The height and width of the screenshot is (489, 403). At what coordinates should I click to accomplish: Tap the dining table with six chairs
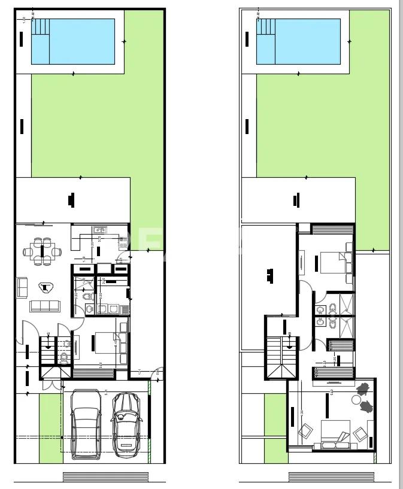pos(41,251)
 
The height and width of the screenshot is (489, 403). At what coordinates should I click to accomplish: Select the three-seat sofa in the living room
pos(45,306)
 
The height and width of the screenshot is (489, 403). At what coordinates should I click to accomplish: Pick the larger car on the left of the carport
pos(86,423)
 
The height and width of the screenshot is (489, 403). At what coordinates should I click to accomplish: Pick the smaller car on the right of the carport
pos(126,423)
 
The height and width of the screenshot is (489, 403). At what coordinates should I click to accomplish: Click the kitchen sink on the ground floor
pos(99,229)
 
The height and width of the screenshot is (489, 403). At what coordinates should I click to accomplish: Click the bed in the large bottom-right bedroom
pos(334,433)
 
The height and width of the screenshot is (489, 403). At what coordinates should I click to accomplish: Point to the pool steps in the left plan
pos(40,26)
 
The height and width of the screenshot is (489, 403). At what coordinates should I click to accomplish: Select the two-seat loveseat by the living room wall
pos(22,287)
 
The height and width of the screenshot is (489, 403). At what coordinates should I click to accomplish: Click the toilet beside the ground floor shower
pos(88,296)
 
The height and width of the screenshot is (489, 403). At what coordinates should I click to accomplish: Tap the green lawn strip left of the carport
pos(50,427)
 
